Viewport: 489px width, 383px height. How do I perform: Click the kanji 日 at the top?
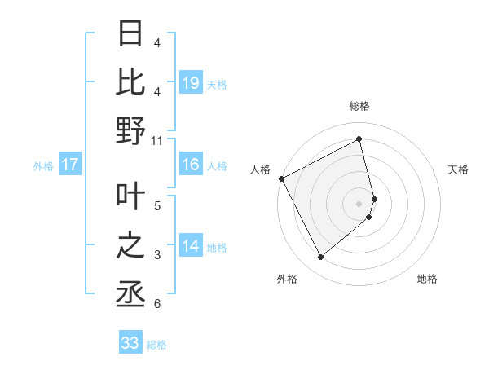(x=130, y=34)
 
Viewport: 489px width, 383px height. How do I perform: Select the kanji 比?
(x=130, y=81)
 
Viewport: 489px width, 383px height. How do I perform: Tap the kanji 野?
(x=130, y=130)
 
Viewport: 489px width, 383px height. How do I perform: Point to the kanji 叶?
(x=130, y=196)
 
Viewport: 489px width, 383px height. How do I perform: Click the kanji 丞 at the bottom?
(x=130, y=294)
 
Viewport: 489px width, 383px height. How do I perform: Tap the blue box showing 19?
(x=191, y=83)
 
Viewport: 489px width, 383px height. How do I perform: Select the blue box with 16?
(x=191, y=165)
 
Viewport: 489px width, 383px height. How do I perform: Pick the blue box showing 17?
(x=70, y=165)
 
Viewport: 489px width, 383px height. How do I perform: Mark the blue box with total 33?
(x=130, y=343)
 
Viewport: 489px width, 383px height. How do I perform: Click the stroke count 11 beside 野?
(x=157, y=141)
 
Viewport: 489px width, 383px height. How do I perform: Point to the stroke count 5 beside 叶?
(x=157, y=205)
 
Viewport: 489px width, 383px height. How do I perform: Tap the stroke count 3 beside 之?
(x=157, y=256)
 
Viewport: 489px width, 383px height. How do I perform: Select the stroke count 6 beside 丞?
(x=157, y=304)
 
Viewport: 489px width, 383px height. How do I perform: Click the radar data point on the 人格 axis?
(x=281, y=178)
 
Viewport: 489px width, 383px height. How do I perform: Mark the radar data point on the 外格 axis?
(x=320, y=258)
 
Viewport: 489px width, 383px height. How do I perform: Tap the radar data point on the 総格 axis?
(x=359, y=139)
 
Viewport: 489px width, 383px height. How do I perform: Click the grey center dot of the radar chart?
(x=359, y=203)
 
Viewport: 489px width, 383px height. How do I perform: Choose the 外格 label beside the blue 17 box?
(x=43, y=166)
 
